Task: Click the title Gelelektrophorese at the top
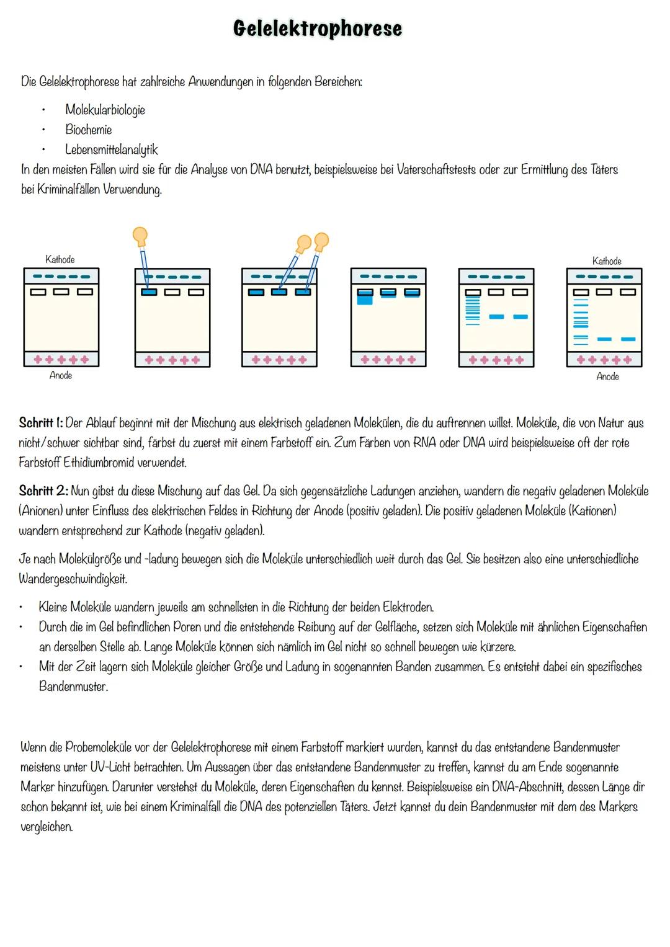tap(317, 29)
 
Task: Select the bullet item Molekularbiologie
tap(105, 110)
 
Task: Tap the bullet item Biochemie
tap(89, 130)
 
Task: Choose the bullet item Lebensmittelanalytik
tap(112, 150)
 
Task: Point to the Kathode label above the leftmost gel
tap(60, 259)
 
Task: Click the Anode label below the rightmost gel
tap(607, 376)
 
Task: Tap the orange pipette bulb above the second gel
tap(140, 236)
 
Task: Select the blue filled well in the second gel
tap(149, 292)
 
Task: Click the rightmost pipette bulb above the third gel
tap(321, 239)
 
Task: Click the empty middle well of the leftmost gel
tap(61, 292)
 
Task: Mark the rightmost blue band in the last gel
tap(628, 339)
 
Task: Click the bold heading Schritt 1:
tap(41, 423)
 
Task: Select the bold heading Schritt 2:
tap(43, 491)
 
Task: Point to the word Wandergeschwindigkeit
tap(73, 579)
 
